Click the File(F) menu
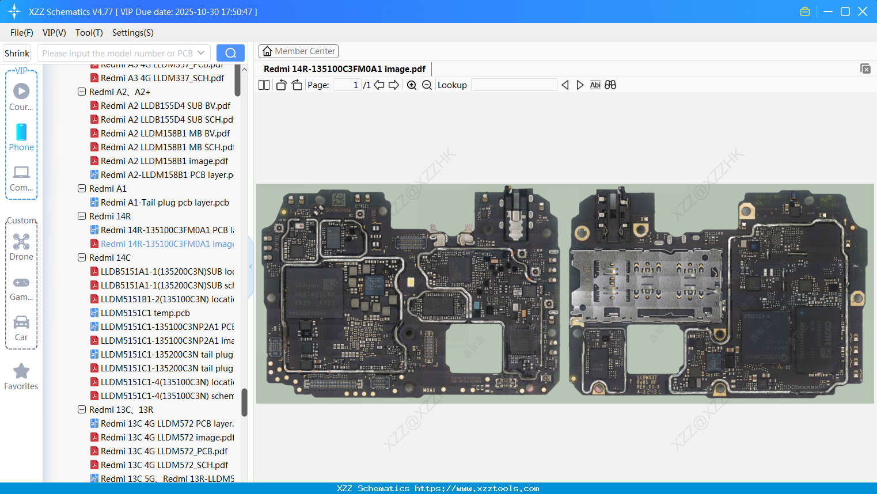click(21, 33)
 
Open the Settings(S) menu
click(132, 33)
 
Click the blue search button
click(230, 53)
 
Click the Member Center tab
click(298, 51)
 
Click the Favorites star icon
click(21, 371)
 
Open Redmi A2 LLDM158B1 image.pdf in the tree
click(164, 161)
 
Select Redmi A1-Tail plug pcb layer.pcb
click(165, 203)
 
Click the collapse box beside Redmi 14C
click(82, 258)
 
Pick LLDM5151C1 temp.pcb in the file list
click(145, 313)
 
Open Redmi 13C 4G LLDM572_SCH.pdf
click(164, 465)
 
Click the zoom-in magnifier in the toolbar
click(412, 85)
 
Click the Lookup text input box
click(514, 85)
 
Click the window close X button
click(863, 12)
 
